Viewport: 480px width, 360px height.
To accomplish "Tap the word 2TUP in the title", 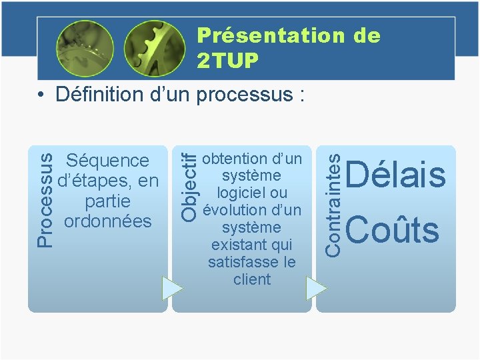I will tap(227, 61).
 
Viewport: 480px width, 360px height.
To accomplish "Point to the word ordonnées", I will tap(107, 221).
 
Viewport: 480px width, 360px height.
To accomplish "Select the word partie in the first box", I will tap(107, 201).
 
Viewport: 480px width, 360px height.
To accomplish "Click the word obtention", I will tap(233, 159).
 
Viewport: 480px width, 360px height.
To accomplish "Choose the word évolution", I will tap(233, 211).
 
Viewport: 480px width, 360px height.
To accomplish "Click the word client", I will tap(252, 279).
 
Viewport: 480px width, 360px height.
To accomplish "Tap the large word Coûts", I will tap(393, 230).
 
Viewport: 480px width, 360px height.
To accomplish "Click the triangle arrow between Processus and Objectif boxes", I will tap(171, 288).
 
